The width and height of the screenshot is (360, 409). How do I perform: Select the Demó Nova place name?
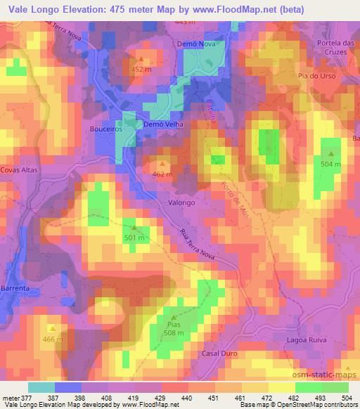pyautogui.click(x=193, y=44)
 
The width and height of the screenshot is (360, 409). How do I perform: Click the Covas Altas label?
pyautogui.click(x=18, y=170)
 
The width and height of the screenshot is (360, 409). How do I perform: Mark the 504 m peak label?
pyautogui.click(x=331, y=163)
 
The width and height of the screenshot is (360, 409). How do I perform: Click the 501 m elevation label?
pyautogui.click(x=134, y=238)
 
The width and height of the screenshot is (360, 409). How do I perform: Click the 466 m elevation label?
pyautogui.click(x=52, y=339)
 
